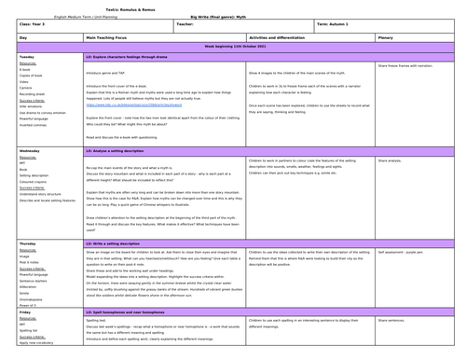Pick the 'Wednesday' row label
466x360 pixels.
click(x=29, y=149)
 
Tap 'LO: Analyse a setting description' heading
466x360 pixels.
click(x=121, y=149)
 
